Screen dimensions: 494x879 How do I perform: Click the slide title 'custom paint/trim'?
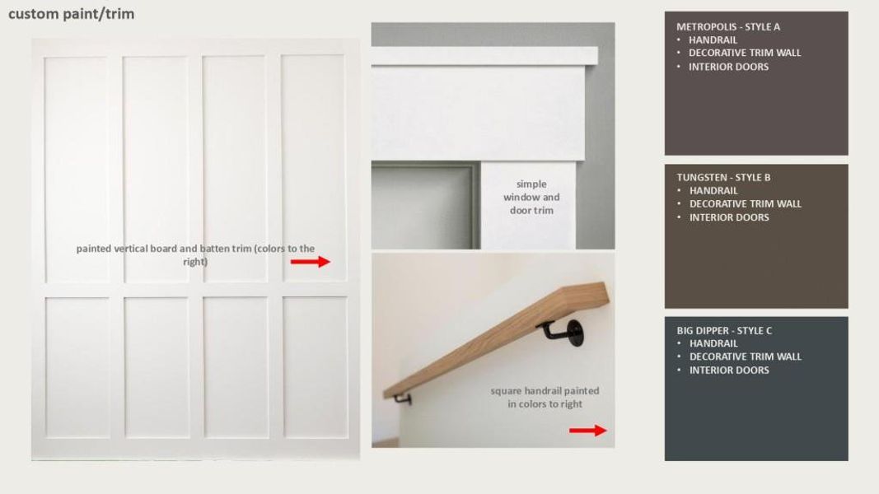tap(71, 14)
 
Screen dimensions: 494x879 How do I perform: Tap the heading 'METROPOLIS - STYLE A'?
tap(728, 26)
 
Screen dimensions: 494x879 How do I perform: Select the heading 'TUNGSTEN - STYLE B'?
tap(723, 177)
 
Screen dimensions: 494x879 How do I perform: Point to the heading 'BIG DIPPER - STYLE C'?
tap(724, 330)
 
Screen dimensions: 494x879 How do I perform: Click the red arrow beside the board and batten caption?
tap(311, 262)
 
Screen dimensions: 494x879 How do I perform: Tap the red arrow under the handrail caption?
tap(587, 430)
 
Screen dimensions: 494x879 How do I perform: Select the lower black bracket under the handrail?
tap(403, 398)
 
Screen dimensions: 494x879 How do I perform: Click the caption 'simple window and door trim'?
tap(531, 197)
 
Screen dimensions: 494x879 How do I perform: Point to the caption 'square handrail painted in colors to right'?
tap(545, 397)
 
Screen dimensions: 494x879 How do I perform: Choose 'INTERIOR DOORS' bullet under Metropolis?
tap(728, 67)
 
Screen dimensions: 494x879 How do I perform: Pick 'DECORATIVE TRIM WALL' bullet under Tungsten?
tap(745, 203)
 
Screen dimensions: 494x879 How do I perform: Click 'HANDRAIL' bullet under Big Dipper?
tap(713, 343)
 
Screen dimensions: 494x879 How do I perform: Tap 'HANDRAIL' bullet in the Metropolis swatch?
tap(713, 40)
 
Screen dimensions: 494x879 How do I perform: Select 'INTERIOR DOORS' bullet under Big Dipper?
tap(728, 370)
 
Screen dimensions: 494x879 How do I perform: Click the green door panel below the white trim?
tap(423, 206)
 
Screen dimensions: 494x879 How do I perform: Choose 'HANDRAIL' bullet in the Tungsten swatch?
tap(713, 190)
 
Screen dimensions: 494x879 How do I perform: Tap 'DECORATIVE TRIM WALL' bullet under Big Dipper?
tap(745, 357)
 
